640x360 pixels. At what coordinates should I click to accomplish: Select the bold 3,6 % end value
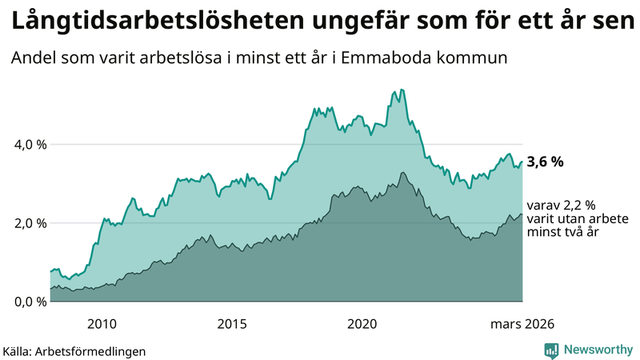pyautogui.click(x=545, y=162)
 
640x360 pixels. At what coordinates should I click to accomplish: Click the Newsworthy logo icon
pyautogui.click(x=551, y=349)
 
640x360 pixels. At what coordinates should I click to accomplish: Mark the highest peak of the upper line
pyautogui.click(x=402, y=90)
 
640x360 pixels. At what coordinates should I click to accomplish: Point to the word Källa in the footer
pyautogui.click(x=19, y=350)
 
